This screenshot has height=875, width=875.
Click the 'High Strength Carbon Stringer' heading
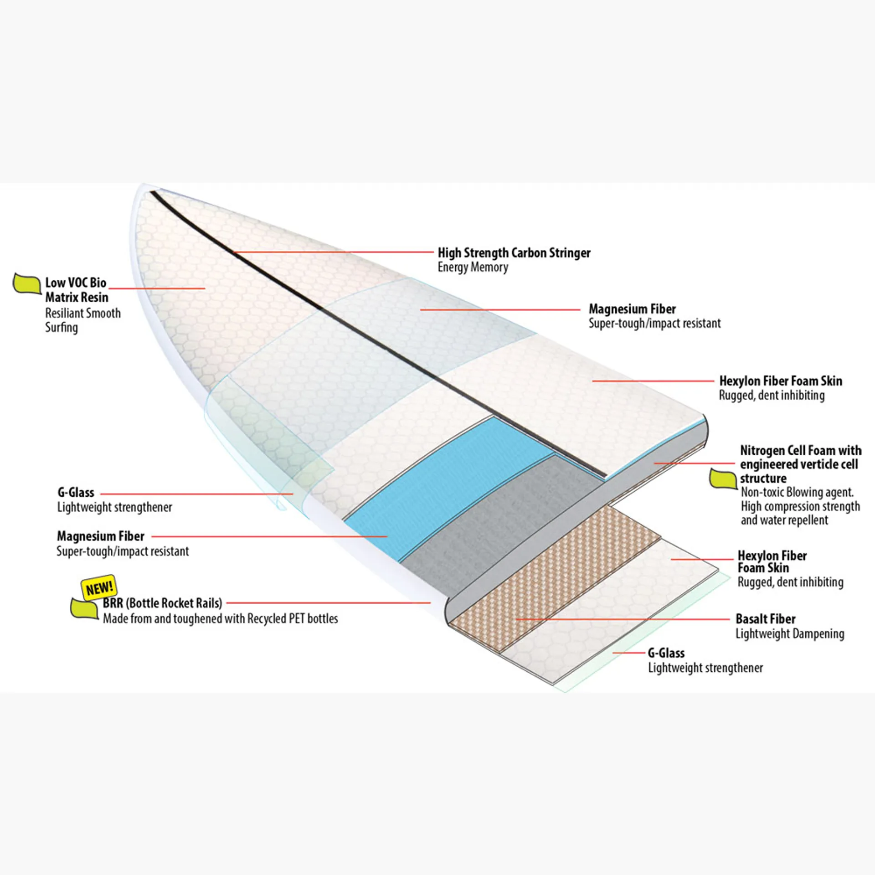point(514,253)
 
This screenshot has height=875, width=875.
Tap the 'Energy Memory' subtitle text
point(473,268)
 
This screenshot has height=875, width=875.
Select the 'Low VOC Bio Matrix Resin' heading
point(77,290)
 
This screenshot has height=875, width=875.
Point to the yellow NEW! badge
point(99,587)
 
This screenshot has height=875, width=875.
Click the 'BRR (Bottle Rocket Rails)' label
point(162,603)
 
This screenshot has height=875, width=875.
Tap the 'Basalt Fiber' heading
point(766,619)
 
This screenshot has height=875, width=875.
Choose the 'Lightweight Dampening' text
point(790,634)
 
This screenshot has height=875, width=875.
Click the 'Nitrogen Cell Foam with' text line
point(801,451)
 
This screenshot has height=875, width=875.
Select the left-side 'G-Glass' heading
point(76,493)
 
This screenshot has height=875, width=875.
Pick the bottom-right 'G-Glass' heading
point(666,653)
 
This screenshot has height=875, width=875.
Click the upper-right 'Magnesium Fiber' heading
point(632,309)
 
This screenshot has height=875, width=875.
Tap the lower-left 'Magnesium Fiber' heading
point(100,536)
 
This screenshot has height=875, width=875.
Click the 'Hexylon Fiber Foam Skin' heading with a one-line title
point(780,381)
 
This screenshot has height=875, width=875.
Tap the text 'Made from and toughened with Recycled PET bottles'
point(220,619)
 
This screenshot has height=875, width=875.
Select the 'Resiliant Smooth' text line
point(83,314)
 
